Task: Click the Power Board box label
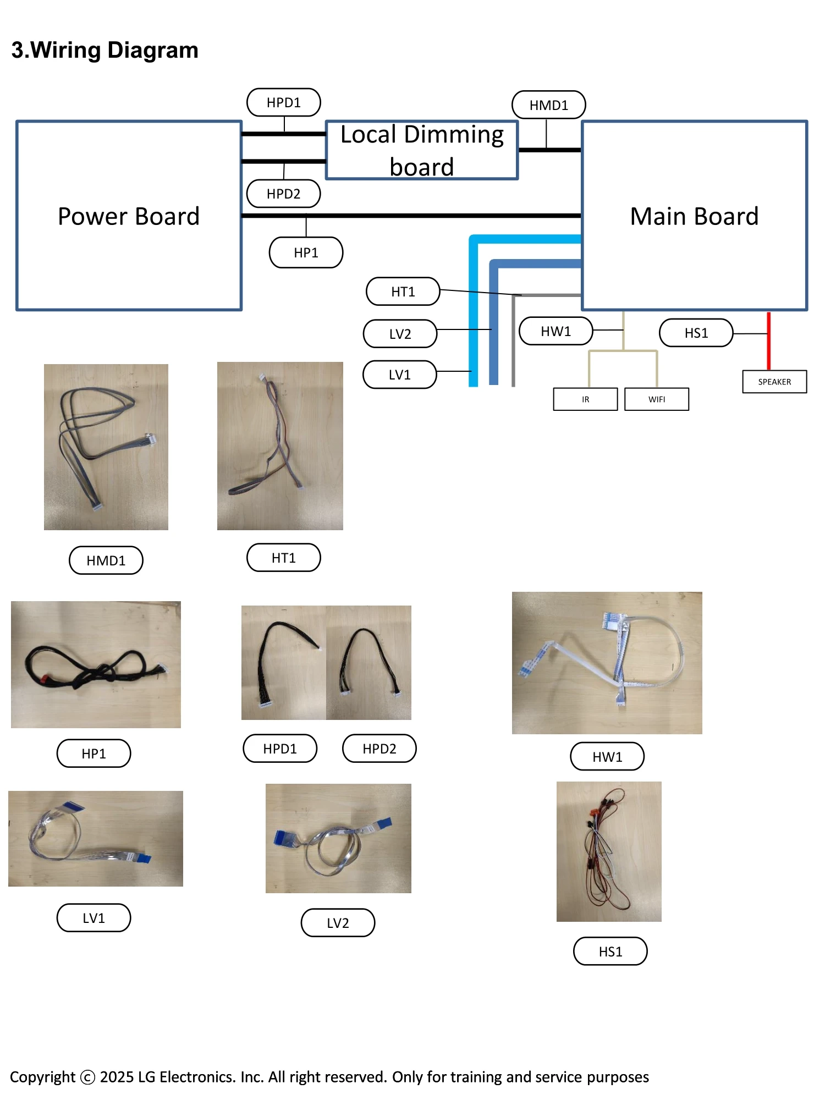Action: (129, 216)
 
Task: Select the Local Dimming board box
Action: (422, 150)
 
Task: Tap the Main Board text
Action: (694, 216)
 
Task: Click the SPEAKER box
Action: (774, 382)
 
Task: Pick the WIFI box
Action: (656, 399)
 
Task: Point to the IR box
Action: (585, 399)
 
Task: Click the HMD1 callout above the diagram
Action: (548, 105)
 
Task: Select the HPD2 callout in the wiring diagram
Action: (283, 194)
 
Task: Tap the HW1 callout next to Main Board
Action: (555, 331)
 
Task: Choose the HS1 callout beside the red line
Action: (696, 333)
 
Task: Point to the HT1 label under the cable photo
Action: (283, 558)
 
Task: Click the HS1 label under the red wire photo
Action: (610, 952)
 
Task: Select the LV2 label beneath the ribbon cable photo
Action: (338, 923)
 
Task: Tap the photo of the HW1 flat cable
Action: (607, 663)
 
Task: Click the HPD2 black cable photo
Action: (369, 663)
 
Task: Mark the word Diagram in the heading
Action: (152, 50)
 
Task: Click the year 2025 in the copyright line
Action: (117, 1077)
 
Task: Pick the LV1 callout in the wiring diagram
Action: (399, 375)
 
